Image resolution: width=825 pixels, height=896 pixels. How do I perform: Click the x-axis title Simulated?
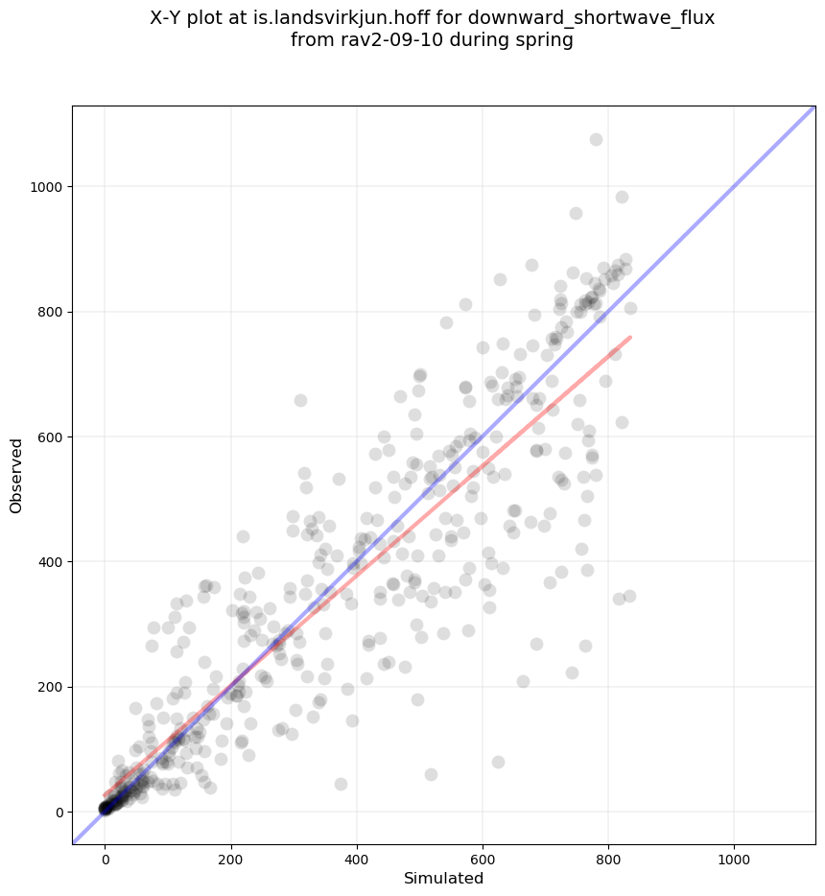point(443,878)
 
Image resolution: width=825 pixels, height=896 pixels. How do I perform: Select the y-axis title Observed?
point(16,476)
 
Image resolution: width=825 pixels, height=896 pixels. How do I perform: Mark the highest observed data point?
point(596,139)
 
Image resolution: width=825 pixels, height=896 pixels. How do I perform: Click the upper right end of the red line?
point(630,337)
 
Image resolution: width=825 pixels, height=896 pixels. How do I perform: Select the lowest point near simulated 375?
point(341,784)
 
